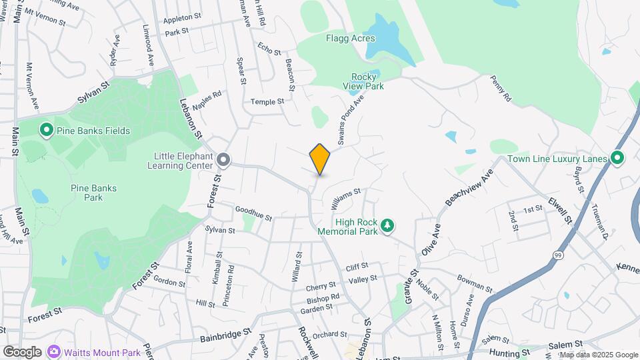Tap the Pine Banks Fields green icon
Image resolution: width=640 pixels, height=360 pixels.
(x=46, y=130)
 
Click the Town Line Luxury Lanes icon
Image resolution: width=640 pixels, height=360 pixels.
(x=617, y=159)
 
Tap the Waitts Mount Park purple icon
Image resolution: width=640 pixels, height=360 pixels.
(x=53, y=351)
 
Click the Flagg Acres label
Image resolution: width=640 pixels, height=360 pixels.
(x=350, y=38)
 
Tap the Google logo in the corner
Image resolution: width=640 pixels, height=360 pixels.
(x=22, y=352)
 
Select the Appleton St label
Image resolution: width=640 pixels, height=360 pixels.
(x=182, y=17)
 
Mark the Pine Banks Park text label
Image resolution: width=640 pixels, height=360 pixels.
(x=93, y=193)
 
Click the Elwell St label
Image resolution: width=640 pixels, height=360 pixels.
(x=560, y=209)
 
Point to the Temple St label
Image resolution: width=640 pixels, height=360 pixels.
(x=267, y=101)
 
